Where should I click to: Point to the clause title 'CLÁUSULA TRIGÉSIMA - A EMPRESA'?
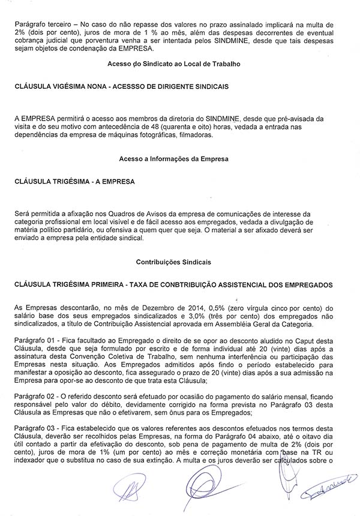pos(75,181)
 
